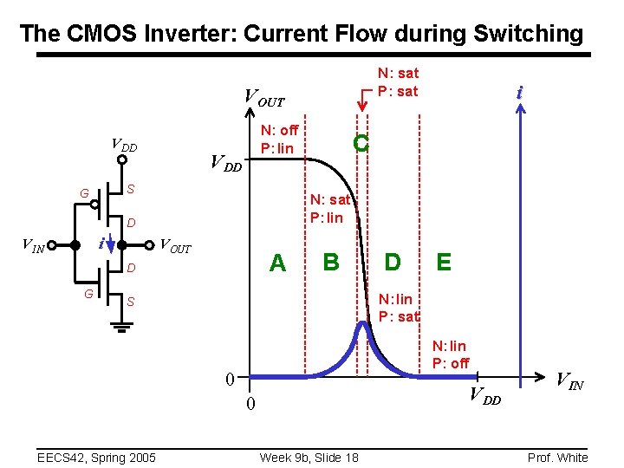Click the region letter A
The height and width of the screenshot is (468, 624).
tap(277, 263)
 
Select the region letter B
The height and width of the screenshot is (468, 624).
tap(331, 261)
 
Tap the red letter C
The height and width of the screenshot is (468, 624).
tap(361, 144)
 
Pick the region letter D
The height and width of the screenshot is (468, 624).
tap(393, 261)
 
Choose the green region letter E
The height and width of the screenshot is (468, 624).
tap(444, 261)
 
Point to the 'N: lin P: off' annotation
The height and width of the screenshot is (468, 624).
tap(451, 354)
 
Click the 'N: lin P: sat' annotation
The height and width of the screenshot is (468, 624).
tap(399, 308)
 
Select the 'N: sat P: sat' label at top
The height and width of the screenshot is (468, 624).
tap(397, 82)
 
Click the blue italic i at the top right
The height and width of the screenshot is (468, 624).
tap(519, 92)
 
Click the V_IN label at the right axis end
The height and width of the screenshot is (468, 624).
tap(569, 379)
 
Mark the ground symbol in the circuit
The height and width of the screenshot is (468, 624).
tap(122, 327)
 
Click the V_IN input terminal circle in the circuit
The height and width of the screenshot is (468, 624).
tap(52, 244)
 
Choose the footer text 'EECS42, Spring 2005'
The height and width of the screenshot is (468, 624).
tap(95, 457)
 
